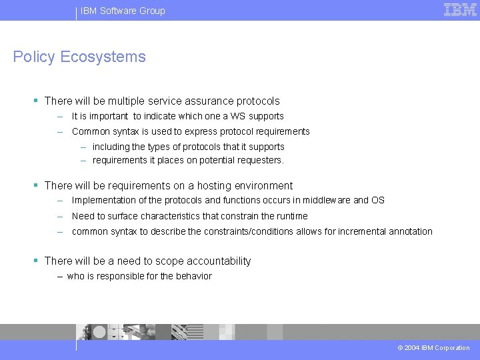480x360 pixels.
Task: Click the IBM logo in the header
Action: [460, 10]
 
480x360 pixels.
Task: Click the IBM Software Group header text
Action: [123, 11]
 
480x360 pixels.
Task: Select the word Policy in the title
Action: [34, 57]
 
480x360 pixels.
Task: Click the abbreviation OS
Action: [378, 200]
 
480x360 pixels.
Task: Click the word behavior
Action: [194, 276]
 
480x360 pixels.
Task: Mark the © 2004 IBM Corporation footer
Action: [433, 348]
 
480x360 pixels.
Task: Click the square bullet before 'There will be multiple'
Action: [36, 101]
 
